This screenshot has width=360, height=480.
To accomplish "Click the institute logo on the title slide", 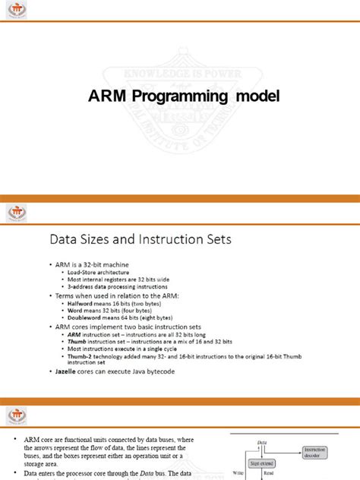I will (17, 11).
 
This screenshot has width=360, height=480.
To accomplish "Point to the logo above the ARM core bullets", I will (17, 415).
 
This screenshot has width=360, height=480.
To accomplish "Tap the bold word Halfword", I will (81, 302).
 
